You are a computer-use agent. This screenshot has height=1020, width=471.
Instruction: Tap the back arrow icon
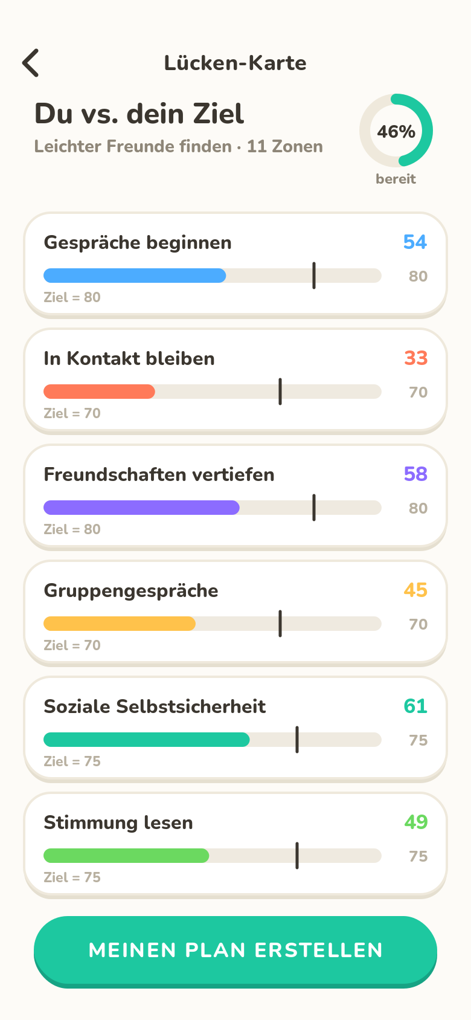click(x=30, y=63)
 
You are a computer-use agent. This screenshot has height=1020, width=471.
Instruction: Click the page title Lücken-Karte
click(x=235, y=63)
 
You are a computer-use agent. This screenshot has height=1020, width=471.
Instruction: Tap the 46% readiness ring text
click(x=396, y=132)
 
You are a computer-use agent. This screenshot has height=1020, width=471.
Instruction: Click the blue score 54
click(x=415, y=242)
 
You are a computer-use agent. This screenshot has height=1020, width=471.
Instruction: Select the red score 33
click(x=415, y=358)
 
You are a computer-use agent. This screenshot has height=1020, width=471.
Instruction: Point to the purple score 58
click(x=415, y=474)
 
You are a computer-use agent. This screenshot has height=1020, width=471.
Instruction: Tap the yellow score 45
click(x=415, y=590)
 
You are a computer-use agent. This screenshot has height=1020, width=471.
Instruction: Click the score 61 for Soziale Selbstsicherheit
click(x=415, y=706)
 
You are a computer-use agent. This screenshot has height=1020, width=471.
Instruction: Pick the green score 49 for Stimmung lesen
click(x=415, y=822)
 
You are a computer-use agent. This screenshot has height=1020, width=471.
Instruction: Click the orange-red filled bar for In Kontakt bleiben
click(x=99, y=392)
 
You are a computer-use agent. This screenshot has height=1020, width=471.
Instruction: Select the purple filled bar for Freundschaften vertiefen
click(x=141, y=508)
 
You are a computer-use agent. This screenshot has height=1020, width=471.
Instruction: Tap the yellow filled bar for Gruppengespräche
click(x=120, y=624)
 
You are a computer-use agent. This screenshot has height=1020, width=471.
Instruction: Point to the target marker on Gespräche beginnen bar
click(x=314, y=276)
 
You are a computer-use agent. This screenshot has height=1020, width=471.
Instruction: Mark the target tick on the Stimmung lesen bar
click(x=297, y=856)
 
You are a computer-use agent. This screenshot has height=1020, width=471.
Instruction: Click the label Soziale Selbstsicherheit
click(x=155, y=707)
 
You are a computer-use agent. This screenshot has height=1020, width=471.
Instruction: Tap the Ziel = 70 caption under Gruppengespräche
click(x=72, y=645)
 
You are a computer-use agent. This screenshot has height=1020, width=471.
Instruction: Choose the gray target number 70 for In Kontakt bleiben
click(x=418, y=392)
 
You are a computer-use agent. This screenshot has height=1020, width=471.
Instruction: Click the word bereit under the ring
click(x=396, y=179)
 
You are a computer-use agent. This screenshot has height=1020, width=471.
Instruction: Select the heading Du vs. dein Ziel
click(x=139, y=114)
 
